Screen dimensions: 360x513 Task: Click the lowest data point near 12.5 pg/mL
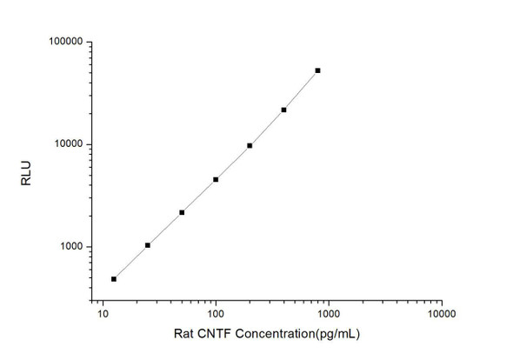coord(114,279)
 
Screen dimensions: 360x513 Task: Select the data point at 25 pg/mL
coord(148,245)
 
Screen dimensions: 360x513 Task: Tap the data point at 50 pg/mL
coord(182,212)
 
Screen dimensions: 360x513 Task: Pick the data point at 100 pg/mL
coord(216,179)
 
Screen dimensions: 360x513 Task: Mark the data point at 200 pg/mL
coord(250,145)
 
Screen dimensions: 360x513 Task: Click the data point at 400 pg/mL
coord(283,110)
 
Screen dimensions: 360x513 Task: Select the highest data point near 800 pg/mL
coord(317,70)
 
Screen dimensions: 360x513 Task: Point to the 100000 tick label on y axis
coord(64,42)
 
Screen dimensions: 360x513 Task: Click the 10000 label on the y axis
coord(67,144)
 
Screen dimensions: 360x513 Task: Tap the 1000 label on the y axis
coord(70,247)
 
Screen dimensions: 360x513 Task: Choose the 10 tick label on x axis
coord(103,314)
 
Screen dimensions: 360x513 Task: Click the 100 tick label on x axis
coord(216,314)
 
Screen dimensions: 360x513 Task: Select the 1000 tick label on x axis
coord(328,314)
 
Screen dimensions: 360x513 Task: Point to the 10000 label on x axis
coord(441,314)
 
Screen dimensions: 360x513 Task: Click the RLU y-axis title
coord(26,180)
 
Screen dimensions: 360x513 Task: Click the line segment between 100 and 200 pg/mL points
coord(233,162)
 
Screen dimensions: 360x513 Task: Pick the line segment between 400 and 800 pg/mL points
coord(301,90)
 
